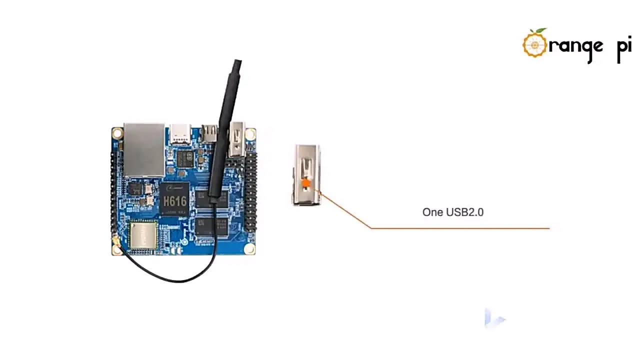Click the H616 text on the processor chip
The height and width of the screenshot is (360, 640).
pos(174,201)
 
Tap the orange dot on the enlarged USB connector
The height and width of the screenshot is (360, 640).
pos(306,184)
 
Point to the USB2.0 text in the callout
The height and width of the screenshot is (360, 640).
pos(464,212)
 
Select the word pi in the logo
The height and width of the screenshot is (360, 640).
pos(624,47)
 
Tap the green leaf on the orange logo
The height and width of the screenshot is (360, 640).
pos(540,31)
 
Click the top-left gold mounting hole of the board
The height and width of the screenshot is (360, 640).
pos(117,133)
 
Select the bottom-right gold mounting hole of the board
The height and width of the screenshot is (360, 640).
pos(249,248)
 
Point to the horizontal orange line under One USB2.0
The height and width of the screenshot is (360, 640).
pos(460,228)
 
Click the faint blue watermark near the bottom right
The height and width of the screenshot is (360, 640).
pos(494,318)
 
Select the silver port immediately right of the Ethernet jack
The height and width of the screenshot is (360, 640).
pos(180,134)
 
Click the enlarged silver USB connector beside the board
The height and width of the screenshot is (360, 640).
pos(306,175)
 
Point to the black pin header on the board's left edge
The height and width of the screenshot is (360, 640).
pos(113,192)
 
